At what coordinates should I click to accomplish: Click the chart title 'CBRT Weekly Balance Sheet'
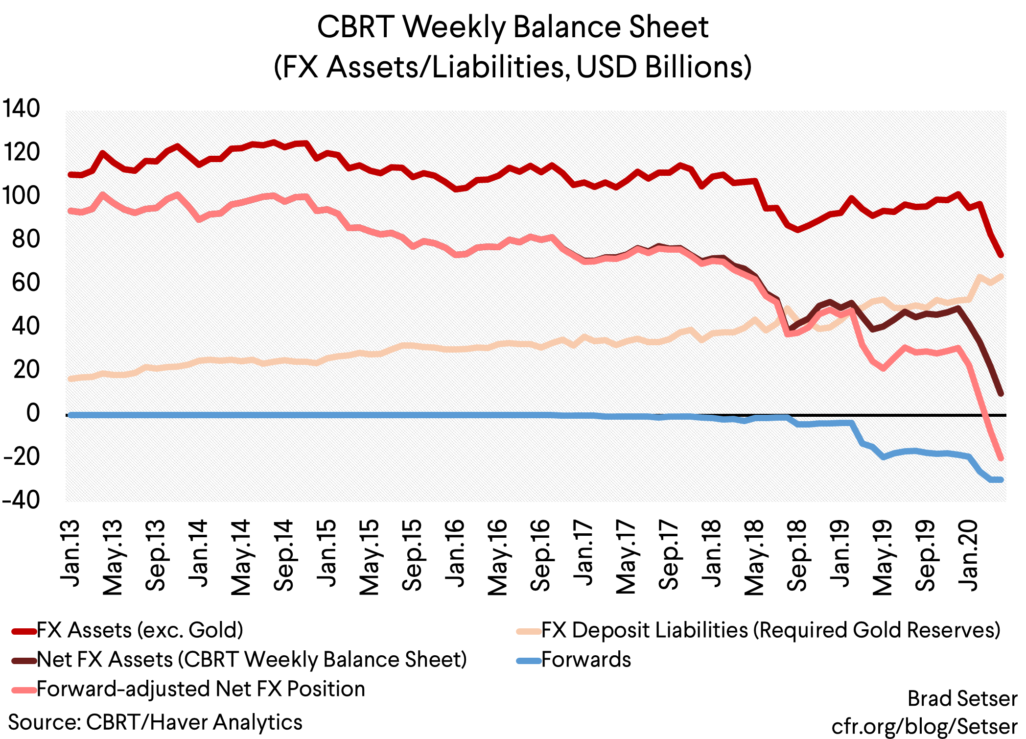pyautogui.click(x=513, y=27)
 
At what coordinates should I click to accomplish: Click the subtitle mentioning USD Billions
pyautogui.click(x=513, y=67)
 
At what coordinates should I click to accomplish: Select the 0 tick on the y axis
pyautogui.click(x=33, y=413)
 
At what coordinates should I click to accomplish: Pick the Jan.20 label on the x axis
pyautogui.click(x=968, y=555)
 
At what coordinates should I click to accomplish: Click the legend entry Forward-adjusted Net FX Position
pyautogui.click(x=201, y=689)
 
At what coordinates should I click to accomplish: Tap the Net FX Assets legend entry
pyautogui.click(x=252, y=660)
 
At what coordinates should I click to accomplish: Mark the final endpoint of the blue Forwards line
pyautogui.click(x=1001, y=479)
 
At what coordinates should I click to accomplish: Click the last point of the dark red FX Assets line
pyautogui.click(x=1001, y=255)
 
